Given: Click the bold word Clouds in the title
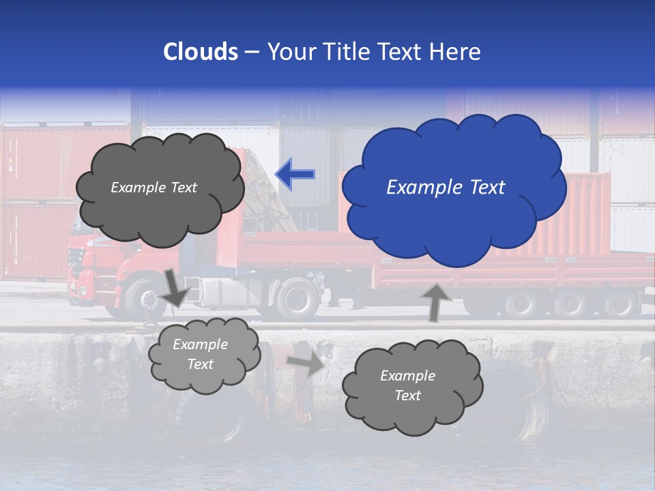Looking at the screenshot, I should point(201,52).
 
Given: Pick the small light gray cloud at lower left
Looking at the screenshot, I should point(203,355).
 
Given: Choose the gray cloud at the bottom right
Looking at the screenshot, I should point(411,386).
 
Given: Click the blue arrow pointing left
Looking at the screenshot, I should point(295,174).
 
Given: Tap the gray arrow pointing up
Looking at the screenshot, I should point(435,301).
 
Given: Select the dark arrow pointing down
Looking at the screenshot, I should point(175,287).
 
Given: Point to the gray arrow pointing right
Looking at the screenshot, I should point(305,363).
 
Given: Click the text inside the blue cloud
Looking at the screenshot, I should point(446,188).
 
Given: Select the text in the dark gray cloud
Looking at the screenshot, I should point(154,188).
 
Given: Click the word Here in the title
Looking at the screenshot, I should point(456,52).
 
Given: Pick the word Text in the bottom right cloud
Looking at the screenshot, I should point(408,396).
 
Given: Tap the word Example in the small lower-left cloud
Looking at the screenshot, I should point(200,344).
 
